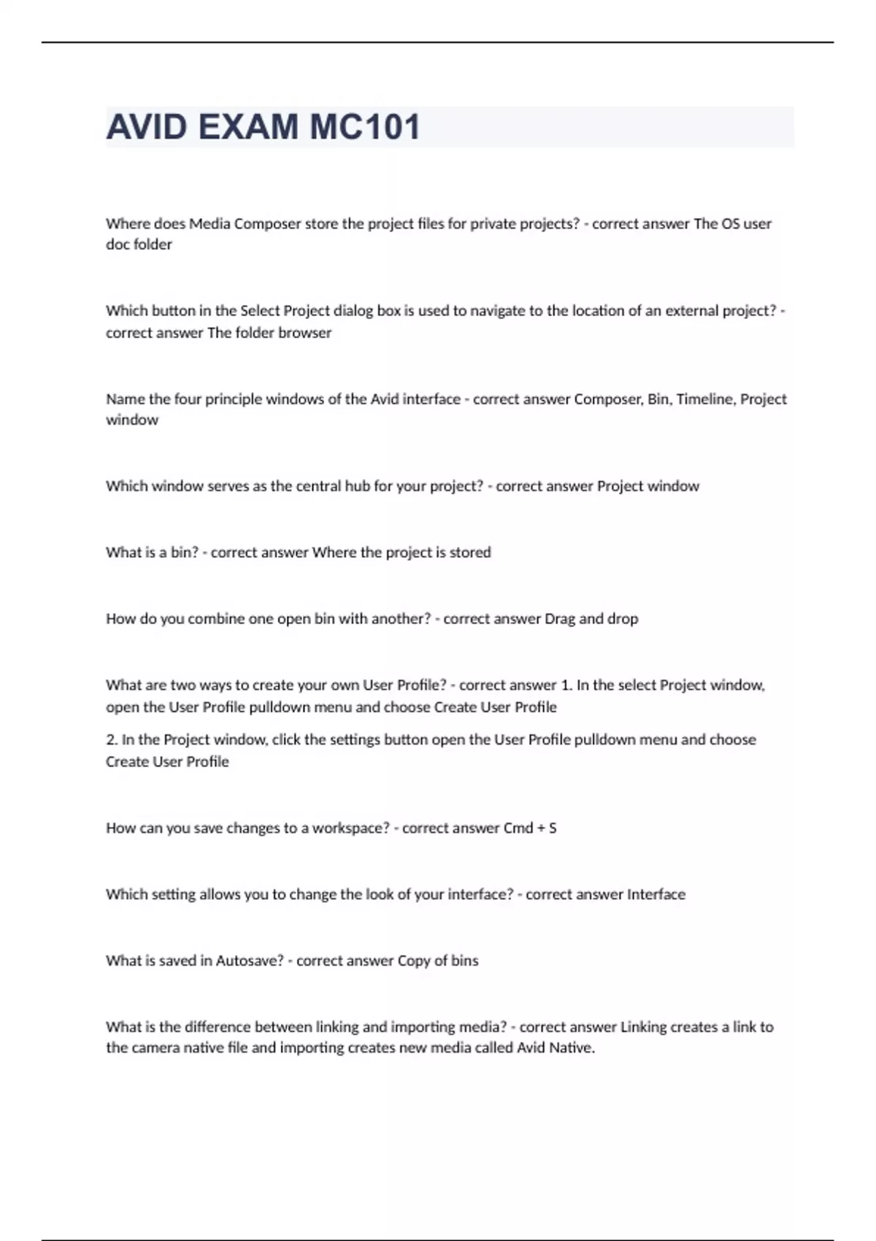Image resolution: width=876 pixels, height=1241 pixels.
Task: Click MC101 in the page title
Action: pos(365,127)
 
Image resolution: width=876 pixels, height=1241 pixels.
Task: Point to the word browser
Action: pos(304,333)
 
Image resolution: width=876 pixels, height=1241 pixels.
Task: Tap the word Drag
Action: pos(559,619)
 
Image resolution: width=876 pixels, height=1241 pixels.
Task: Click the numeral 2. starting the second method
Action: pos(112,739)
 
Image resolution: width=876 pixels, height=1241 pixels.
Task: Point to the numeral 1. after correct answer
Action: pos(566,685)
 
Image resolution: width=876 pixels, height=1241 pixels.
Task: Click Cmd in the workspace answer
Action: pos(518,829)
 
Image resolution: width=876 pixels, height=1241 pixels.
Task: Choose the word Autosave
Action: pos(249,961)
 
